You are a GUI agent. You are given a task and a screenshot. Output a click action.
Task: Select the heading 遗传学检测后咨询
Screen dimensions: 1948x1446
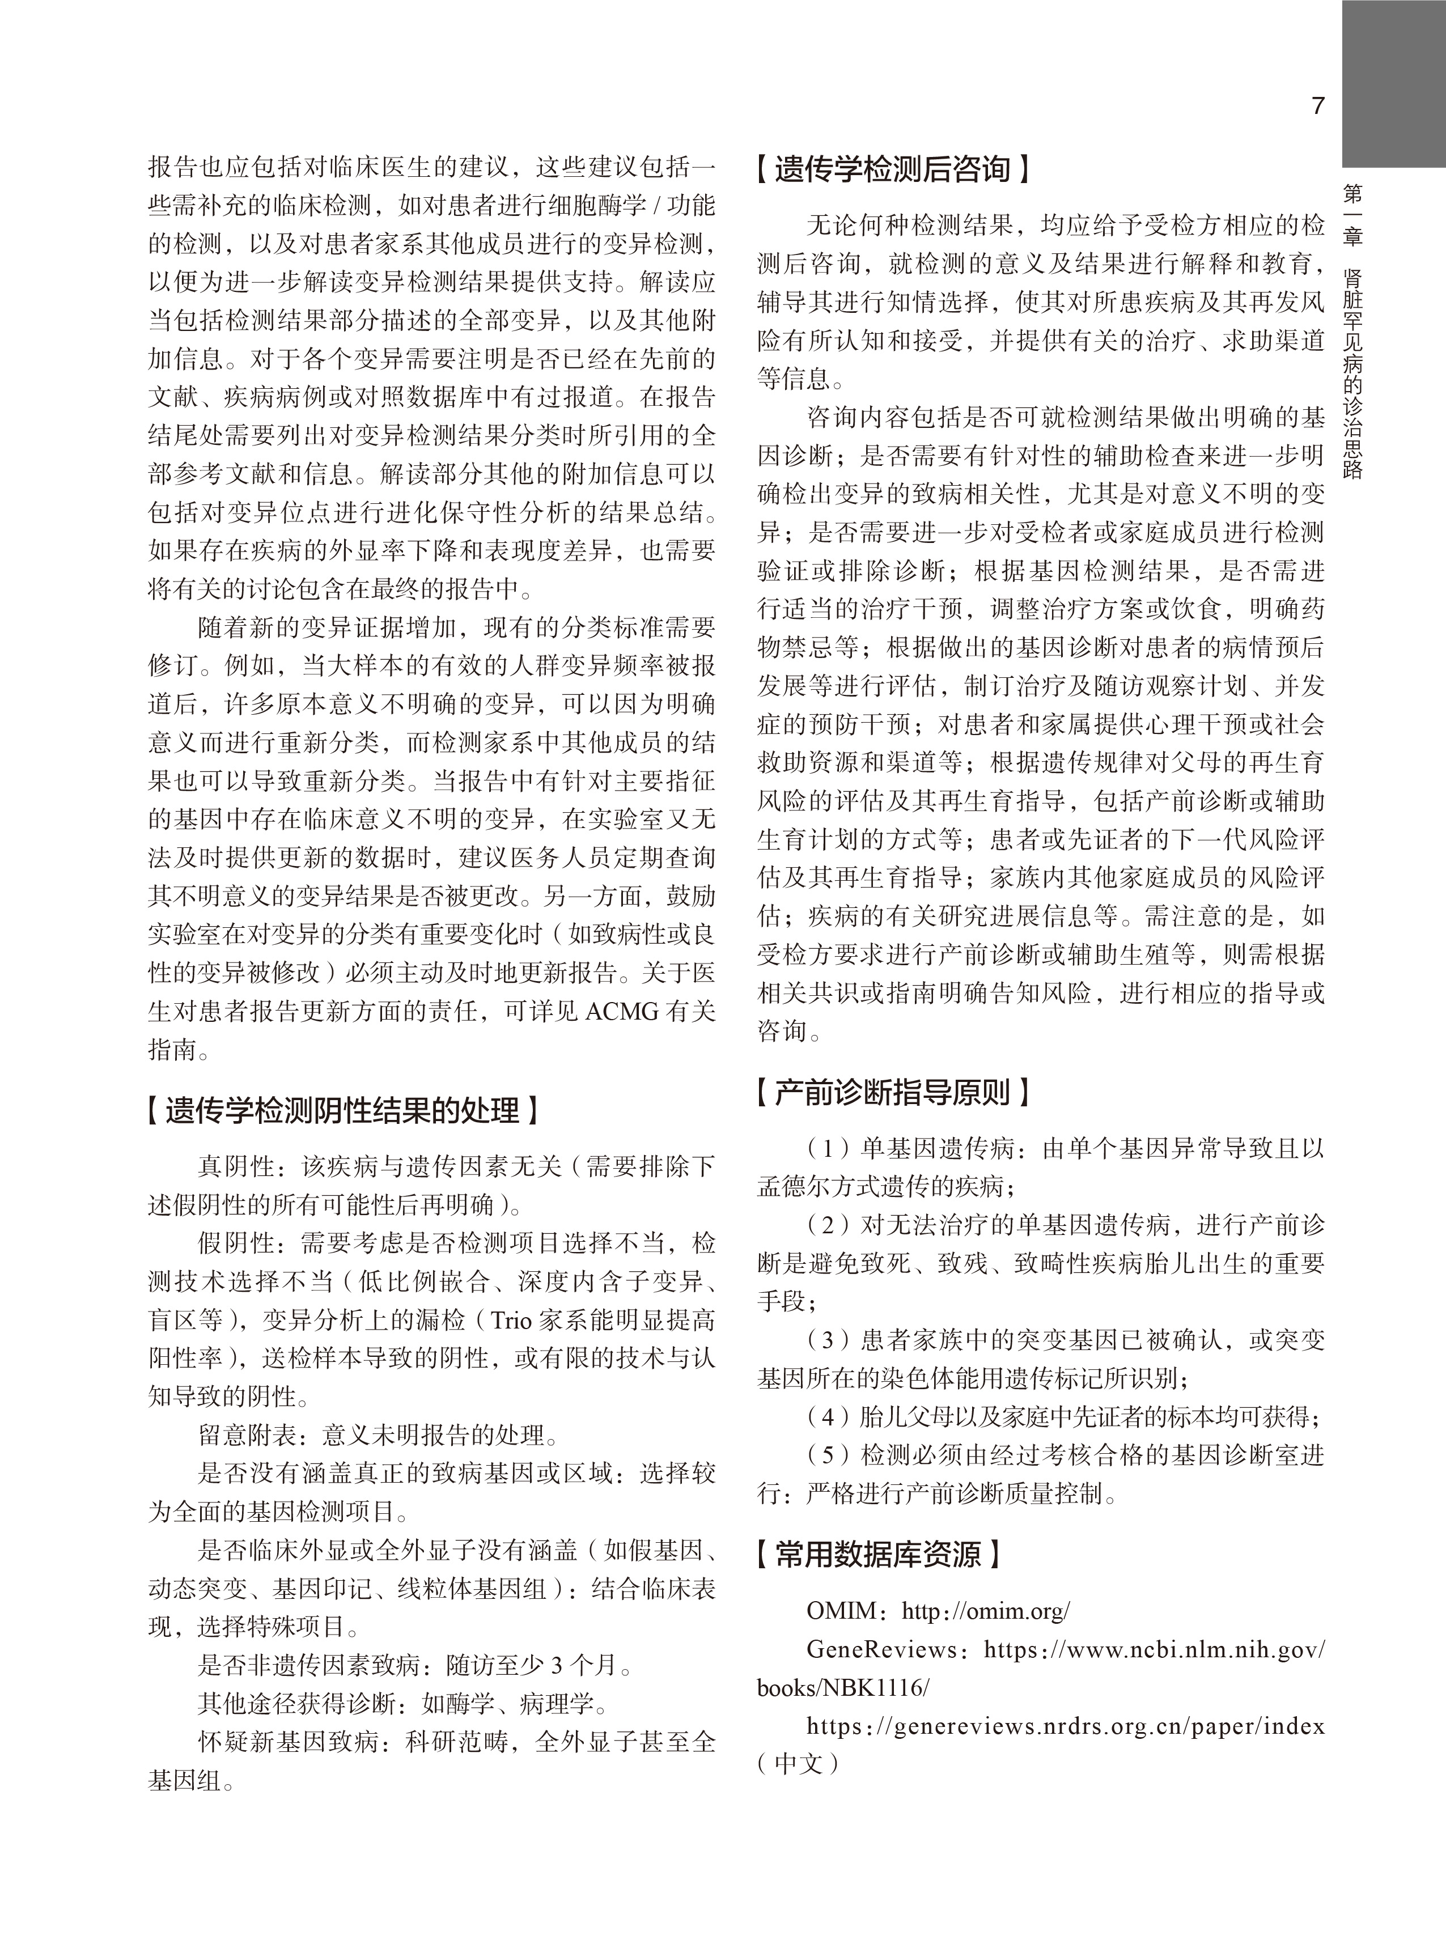pos(892,169)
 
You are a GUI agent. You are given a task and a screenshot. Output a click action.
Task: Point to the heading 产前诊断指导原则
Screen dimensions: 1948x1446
pos(892,1092)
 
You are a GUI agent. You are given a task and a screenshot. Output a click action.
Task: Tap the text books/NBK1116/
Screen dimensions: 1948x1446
pos(843,1688)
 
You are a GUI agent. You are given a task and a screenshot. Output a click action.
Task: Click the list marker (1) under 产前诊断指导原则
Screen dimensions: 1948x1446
pos(828,1148)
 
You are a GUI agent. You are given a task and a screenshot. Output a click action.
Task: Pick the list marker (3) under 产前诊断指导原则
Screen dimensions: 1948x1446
pos(828,1340)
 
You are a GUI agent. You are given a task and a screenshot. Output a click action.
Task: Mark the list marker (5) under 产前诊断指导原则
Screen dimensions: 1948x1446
pos(828,1455)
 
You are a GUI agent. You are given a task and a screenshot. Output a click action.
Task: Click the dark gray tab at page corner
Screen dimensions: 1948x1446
pos(1393,83)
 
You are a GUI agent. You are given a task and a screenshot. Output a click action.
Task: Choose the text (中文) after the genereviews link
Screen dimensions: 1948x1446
pos(798,1763)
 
